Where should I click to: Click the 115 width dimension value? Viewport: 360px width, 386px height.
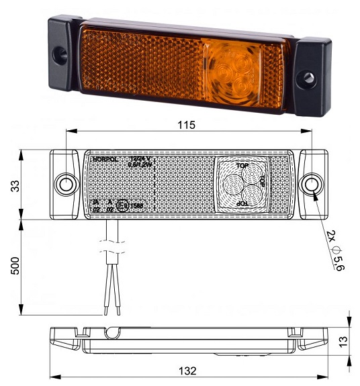tap(186, 125)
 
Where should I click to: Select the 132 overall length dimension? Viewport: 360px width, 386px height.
tap(187, 371)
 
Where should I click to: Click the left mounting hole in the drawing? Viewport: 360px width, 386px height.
tap(66, 183)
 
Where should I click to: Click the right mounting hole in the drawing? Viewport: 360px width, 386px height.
tap(310, 184)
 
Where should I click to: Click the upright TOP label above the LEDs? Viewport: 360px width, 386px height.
tap(241, 164)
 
